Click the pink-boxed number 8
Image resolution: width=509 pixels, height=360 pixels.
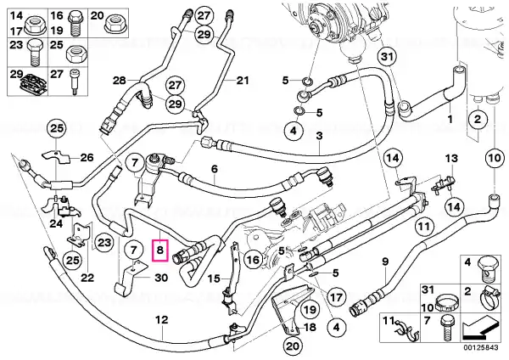pyautogui.click(x=159, y=250)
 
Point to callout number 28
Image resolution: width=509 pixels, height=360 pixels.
pyautogui.click(x=120, y=80)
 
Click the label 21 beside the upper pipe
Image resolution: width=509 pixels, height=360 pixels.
pyautogui.click(x=242, y=80)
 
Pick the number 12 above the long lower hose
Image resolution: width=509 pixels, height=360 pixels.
pyautogui.click(x=162, y=320)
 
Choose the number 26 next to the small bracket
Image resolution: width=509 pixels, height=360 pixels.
pyautogui.click(x=87, y=158)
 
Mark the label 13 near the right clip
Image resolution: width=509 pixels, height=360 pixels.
pyautogui.click(x=451, y=158)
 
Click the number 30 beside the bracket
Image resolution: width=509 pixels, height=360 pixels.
pyautogui.click(x=161, y=278)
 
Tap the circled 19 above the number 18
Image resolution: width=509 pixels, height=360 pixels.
pyautogui.click(x=310, y=309)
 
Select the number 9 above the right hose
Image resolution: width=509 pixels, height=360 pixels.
pyautogui.click(x=385, y=262)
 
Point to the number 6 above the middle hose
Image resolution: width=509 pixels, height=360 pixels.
pyautogui.click(x=215, y=169)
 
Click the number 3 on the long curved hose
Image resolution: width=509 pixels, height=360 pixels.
pyautogui.click(x=320, y=136)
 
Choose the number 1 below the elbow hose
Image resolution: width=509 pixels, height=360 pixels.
pyautogui.click(x=450, y=119)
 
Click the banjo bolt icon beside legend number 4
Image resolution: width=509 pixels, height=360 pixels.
pyautogui.click(x=486, y=269)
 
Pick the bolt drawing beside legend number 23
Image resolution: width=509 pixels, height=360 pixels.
pyautogui.click(x=35, y=53)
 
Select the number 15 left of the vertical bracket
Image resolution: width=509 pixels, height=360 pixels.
pyautogui.click(x=214, y=278)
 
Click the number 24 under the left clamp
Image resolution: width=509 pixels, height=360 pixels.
pyautogui.click(x=56, y=223)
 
